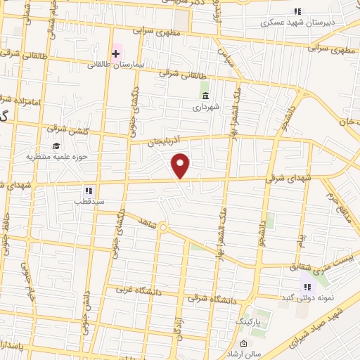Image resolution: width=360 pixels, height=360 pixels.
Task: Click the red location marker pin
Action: pyautogui.click(x=181, y=165)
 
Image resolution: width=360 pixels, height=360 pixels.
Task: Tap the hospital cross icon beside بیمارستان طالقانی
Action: pyautogui.click(x=116, y=53)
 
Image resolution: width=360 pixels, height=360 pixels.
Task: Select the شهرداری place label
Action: pyautogui.click(x=206, y=108)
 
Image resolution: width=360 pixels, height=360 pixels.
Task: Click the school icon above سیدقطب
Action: pyautogui.click(x=89, y=190)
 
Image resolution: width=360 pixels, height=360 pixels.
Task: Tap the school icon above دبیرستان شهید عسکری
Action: pyautogui.click(x=297, y=11)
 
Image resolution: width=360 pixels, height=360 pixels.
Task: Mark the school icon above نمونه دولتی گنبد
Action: pyautogui.click(x=306, y=286)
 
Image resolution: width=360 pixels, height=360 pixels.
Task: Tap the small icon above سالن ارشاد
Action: pyautogui.click(x=243, y=344)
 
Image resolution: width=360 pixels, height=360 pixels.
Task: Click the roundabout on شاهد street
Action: pyautogui.click(x=162, y=227)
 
